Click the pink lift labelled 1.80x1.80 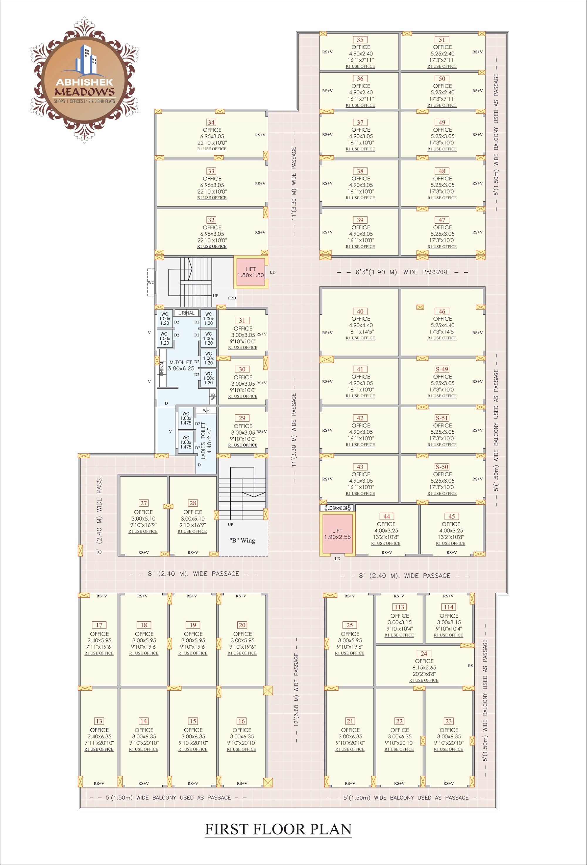(251, 272)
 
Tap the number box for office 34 (211, 123)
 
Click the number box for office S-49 (442, 369)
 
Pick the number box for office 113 (399, 607)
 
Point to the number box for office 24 (424, 653)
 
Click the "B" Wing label (242, 540)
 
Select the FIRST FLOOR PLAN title (278, 829)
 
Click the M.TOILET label (181, 362)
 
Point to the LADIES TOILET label (206, 440)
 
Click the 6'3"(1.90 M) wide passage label (402, 272)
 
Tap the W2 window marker (151, 282)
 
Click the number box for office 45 (451, 516)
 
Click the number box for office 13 (99, 721)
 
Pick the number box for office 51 (442, 40)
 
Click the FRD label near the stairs (232, 298)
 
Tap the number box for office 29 (242, 418)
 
